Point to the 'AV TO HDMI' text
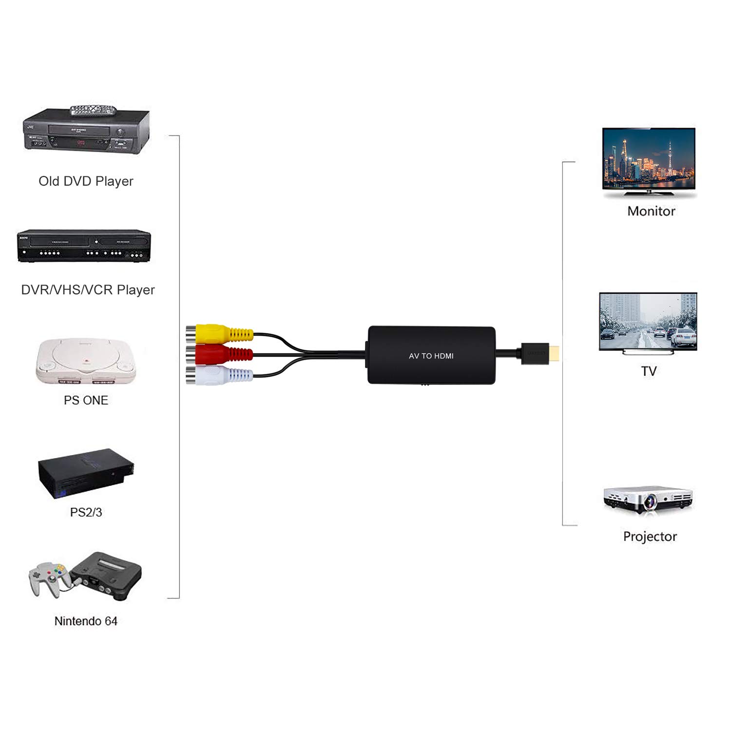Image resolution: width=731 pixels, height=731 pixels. pos(431,356)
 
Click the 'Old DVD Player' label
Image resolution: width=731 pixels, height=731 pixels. pos(86,181)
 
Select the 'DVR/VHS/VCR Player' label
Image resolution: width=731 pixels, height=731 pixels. pos(88,290)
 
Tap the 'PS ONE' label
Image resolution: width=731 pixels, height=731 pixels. pos(86,401)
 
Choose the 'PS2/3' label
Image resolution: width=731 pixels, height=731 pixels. pos(86,513)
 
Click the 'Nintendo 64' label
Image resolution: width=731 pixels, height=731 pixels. pos(86,621)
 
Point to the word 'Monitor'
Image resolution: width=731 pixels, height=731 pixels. pos(651,212)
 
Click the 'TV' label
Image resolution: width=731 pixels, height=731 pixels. pos(649,371)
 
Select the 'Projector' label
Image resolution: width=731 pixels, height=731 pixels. pos(650,537)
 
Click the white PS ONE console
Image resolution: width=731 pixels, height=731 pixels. pos(86,361)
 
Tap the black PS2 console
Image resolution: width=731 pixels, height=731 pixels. pos(86,473)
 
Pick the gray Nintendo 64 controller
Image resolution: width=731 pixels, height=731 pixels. pos(48,577)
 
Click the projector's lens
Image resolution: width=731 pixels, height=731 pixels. pos(650,500)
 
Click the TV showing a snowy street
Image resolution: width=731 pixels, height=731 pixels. pos(648,321)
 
